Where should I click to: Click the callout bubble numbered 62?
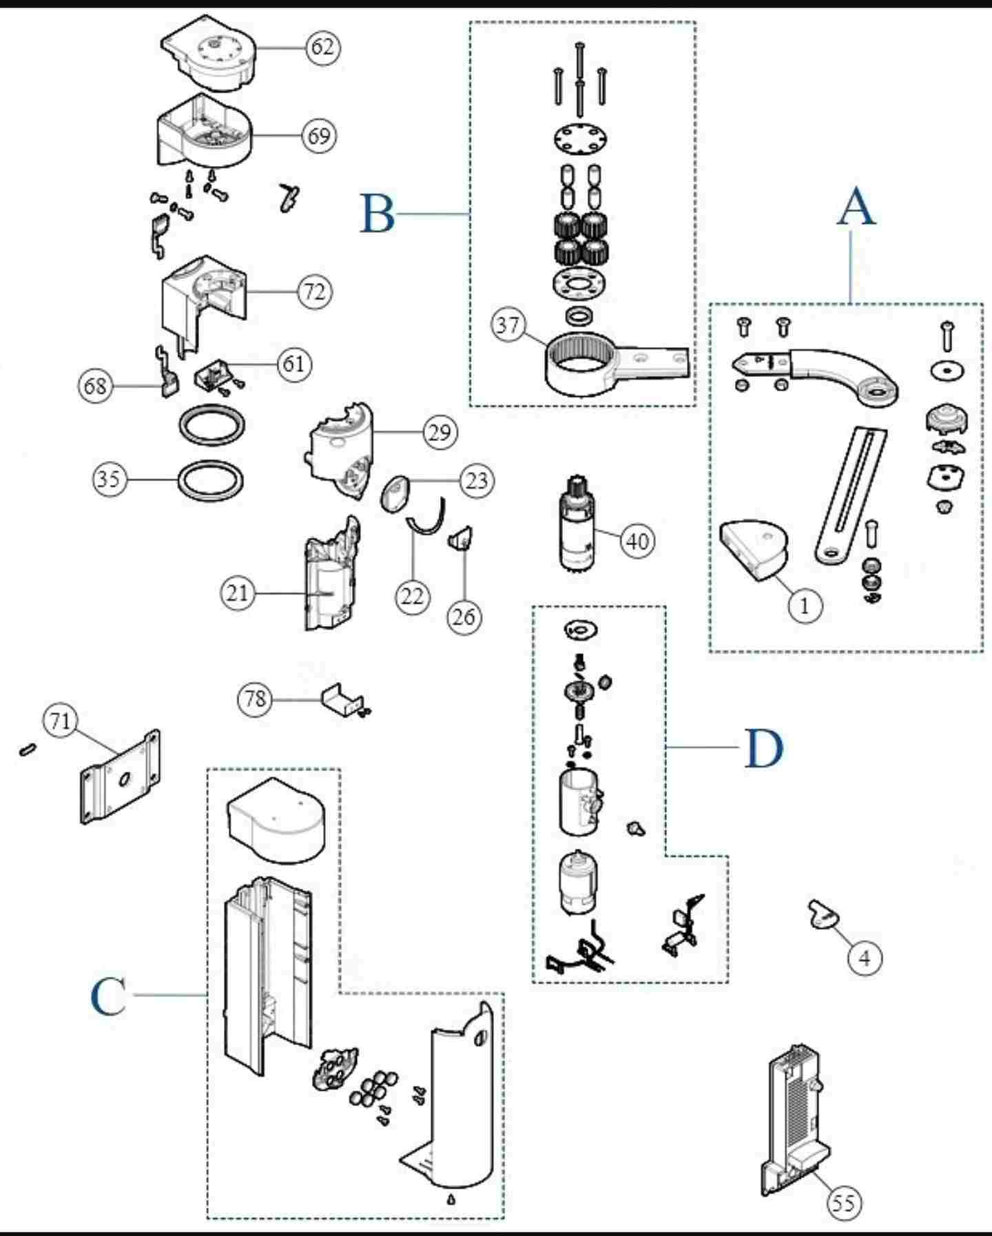[322, 47]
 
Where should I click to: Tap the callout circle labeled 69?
[319, 136]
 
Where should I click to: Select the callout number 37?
[508, 325]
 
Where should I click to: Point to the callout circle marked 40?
[637, 542]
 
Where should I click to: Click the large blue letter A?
[856, 208]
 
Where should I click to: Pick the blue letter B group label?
[378, 214]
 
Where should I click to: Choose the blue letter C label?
[109, 996]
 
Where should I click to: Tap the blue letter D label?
[764, 749]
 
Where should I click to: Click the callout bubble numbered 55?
[843, 1203]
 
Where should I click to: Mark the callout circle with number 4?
[865, 958]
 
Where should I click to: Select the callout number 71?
[60, 721]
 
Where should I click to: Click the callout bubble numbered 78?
[255, 699]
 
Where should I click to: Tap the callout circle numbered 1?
[805, 606]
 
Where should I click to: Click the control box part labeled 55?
[796, 1116]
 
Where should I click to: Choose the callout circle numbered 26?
[464, 617]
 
